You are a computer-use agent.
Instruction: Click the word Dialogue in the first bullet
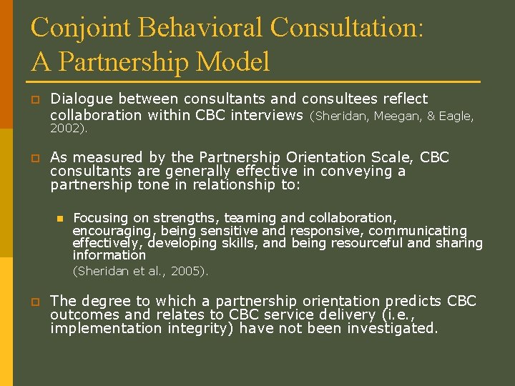(x=82, y=99)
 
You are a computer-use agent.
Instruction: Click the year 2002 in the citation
(x=67, y=129)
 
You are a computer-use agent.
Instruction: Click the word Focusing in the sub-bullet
(x=100, y=217)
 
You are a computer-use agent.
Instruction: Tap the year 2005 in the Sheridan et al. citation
(x=187, y=270)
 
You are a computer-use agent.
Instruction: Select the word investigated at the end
(x=392, y=329)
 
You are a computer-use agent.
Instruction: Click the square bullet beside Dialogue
(x=34, y=99)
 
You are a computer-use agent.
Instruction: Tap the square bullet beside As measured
(x=34, y=158)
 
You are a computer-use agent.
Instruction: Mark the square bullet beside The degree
(x=34, y=302)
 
